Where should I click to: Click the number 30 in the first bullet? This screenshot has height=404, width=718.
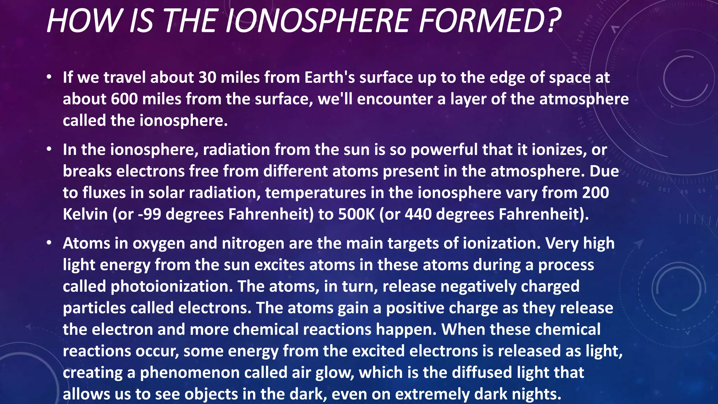[208, 78]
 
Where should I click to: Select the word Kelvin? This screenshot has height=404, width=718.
[85, 214]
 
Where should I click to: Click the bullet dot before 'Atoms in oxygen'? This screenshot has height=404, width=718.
[49, 243]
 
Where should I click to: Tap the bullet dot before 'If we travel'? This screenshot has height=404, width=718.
[49, 77]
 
